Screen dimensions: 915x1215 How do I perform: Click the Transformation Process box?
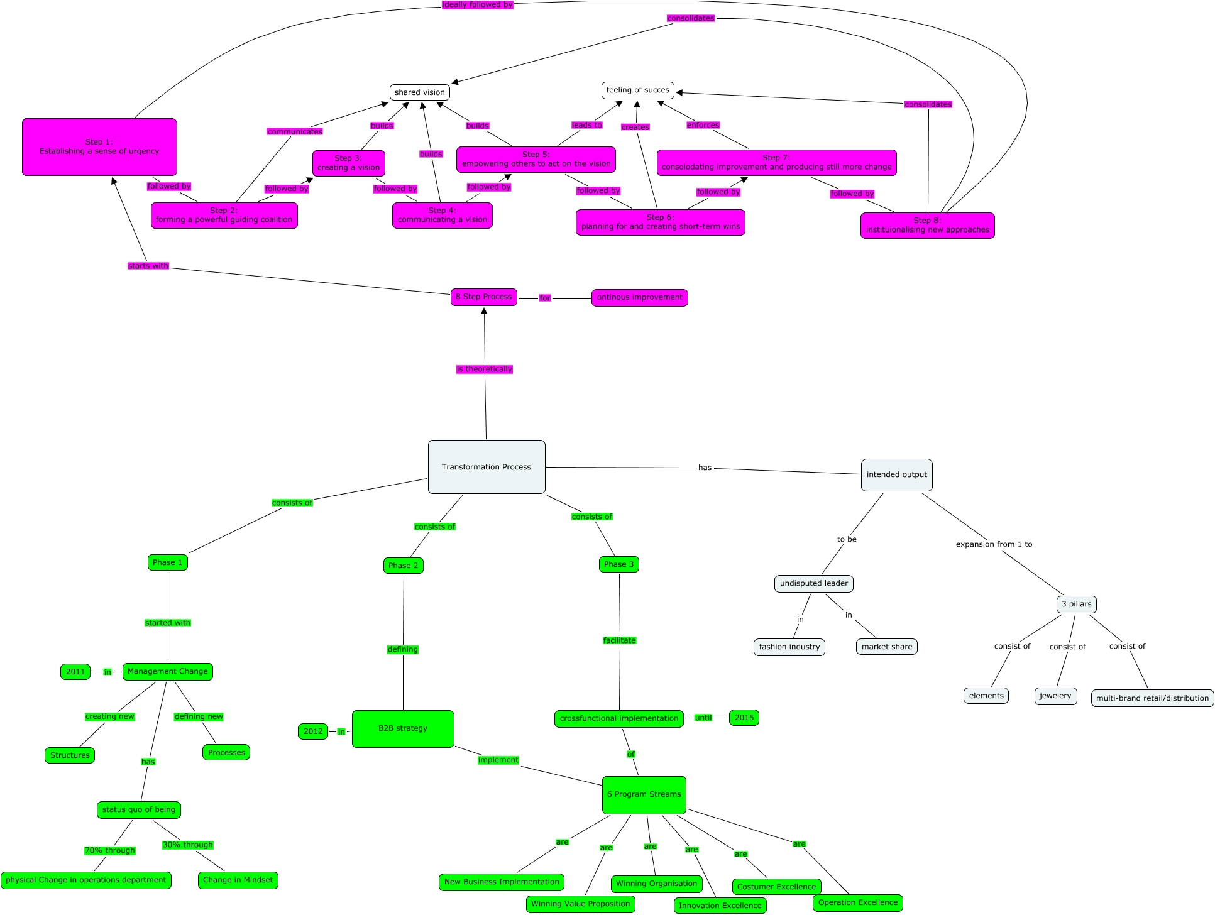[x=487, y=467]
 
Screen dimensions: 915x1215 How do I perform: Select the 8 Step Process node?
[x=483, y=297]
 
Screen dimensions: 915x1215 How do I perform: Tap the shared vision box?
[x=419, y=92]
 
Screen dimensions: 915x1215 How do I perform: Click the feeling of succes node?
[x=637, y=90]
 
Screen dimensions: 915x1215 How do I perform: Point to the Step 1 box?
[x=99, y=147]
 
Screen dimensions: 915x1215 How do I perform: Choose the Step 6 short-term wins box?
[x=660, y=222]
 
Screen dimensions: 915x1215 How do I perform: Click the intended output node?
[x=896, y=474]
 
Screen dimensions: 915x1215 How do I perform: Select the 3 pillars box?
[x=1076, y=604]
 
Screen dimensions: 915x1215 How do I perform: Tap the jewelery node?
[x=1055, y=696]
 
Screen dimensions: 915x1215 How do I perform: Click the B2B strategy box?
[x=403, y=728]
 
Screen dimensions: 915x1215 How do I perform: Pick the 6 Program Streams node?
[x=644, y=794]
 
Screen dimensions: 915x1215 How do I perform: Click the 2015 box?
[x=744, y=718]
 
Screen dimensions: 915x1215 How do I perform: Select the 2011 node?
[x=75, y=672]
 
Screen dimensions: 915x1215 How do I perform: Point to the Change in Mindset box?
[x=238, y=880]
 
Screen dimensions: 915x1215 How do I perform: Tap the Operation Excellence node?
[x=857, y=902]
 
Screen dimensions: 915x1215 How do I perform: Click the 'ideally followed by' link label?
[x=477, y=5]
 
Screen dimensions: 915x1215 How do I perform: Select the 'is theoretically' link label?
[x=484, y=369]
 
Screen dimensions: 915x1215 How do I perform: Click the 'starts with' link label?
[x=148, y=266]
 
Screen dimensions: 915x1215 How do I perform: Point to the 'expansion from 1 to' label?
[x=994, y=544]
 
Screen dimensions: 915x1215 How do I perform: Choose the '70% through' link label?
[x=110, y=850]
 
